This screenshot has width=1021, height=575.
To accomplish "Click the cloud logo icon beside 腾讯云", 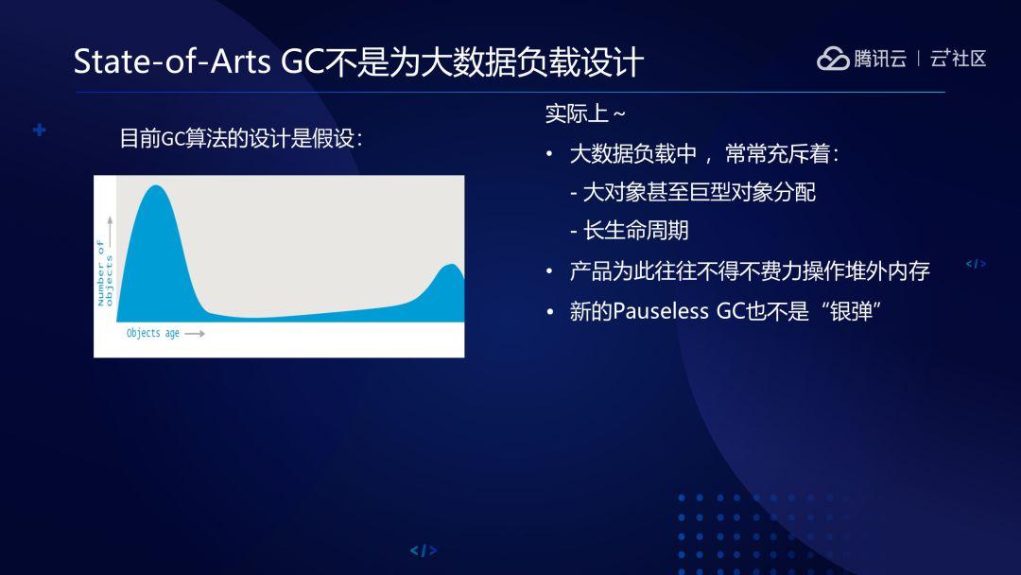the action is pos(833,59).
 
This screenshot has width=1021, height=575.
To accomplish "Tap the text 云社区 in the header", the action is pos(958,59).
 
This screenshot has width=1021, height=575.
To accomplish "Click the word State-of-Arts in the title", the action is pos(172,61).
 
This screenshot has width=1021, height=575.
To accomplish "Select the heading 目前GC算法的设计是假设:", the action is pos(241,138).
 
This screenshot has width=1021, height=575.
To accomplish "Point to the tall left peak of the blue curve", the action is pos(156,187).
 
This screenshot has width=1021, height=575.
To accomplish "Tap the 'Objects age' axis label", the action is pos(153,334).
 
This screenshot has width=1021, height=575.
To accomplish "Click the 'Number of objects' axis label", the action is pos(105,273).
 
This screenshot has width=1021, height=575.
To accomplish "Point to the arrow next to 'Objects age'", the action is pos(195,334).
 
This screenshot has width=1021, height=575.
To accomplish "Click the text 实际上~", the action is pos(585,113).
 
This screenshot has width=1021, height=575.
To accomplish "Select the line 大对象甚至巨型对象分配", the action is pos(693,192).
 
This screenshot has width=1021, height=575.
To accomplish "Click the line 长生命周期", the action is pos(629,231).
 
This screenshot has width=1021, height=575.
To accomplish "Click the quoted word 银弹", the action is pos(851,311).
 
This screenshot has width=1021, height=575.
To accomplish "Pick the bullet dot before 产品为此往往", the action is pos(550,271).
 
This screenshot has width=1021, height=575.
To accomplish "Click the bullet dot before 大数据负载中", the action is pos(550,154).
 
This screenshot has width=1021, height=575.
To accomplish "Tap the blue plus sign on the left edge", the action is pos(40,131).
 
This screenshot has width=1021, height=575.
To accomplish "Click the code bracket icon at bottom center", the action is pos(424,551).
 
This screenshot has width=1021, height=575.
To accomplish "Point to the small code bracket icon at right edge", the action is pos(976,264).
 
